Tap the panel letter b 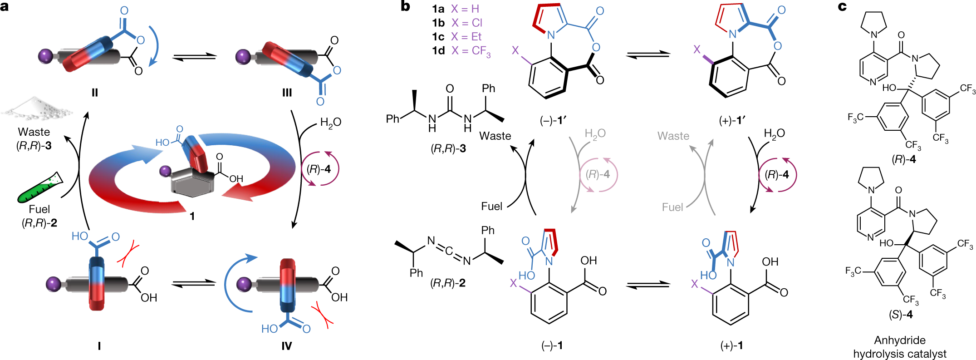[405, 6]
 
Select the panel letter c [842, 6]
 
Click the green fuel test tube [39, 187]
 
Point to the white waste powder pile [36, 109]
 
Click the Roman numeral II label [94, 93]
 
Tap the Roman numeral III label [287, 93]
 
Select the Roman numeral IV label [287, 346]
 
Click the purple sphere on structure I [54, 285]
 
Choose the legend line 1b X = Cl [457, 23]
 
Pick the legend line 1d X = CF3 [461, 50]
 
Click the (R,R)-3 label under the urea [448, 148]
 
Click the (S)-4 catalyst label [901, 314]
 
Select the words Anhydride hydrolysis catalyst [900, 347]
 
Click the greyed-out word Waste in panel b [673, 136]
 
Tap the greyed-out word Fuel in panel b [672, 207]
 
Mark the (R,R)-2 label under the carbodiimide [448, 283]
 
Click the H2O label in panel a [330, 122]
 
